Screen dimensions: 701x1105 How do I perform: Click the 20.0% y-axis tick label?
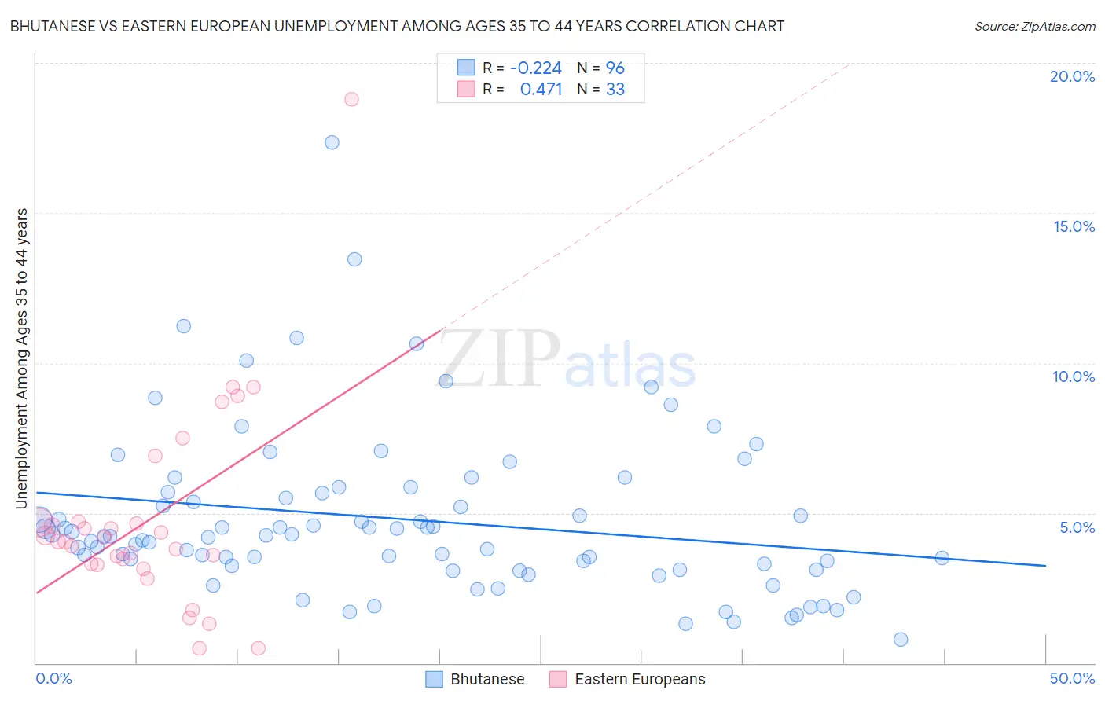coord(1072,76)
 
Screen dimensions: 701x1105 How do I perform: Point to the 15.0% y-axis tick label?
coord(1074,226)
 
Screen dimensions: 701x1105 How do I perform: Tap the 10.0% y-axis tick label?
coord(1074,376)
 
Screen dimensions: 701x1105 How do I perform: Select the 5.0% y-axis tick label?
coord(1077,527)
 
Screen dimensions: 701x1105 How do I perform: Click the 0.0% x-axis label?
coord(53,678)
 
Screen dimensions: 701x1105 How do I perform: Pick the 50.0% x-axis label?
coord(1072,678)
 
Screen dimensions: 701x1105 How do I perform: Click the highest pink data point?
coord(351,99)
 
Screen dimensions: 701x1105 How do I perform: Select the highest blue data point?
coord(332,142)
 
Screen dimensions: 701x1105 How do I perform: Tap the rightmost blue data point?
coord(942,558)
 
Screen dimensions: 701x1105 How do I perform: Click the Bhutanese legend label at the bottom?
coord(487,679)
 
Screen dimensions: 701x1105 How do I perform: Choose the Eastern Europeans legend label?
coord(640,679)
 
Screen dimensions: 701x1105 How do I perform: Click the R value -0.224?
coord(536,68)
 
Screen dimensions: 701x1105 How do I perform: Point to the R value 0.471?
coord(541,90)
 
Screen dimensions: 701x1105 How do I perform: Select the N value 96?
coord(615,68)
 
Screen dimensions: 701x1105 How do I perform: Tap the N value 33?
coord(615,90)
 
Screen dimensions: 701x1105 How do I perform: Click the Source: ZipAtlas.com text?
coord(1034,27)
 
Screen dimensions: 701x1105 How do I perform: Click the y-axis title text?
coord(22,358)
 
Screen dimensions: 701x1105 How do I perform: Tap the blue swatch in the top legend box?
coord(466,68)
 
